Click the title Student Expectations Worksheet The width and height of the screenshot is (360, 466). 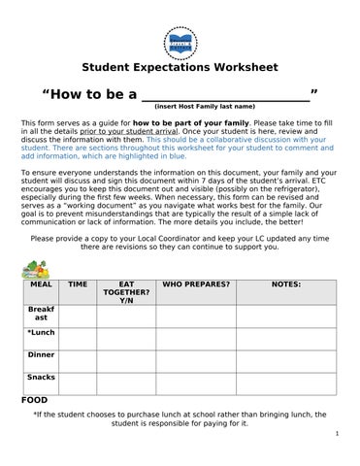point(180,68)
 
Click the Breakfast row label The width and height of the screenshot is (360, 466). point(42,313)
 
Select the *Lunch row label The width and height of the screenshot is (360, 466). point(42,332)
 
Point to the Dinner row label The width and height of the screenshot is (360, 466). point(42,354)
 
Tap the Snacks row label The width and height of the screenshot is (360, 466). point(42,377)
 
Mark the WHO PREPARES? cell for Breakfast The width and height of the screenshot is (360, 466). point(196,315)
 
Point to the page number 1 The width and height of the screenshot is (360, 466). point(335,434)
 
